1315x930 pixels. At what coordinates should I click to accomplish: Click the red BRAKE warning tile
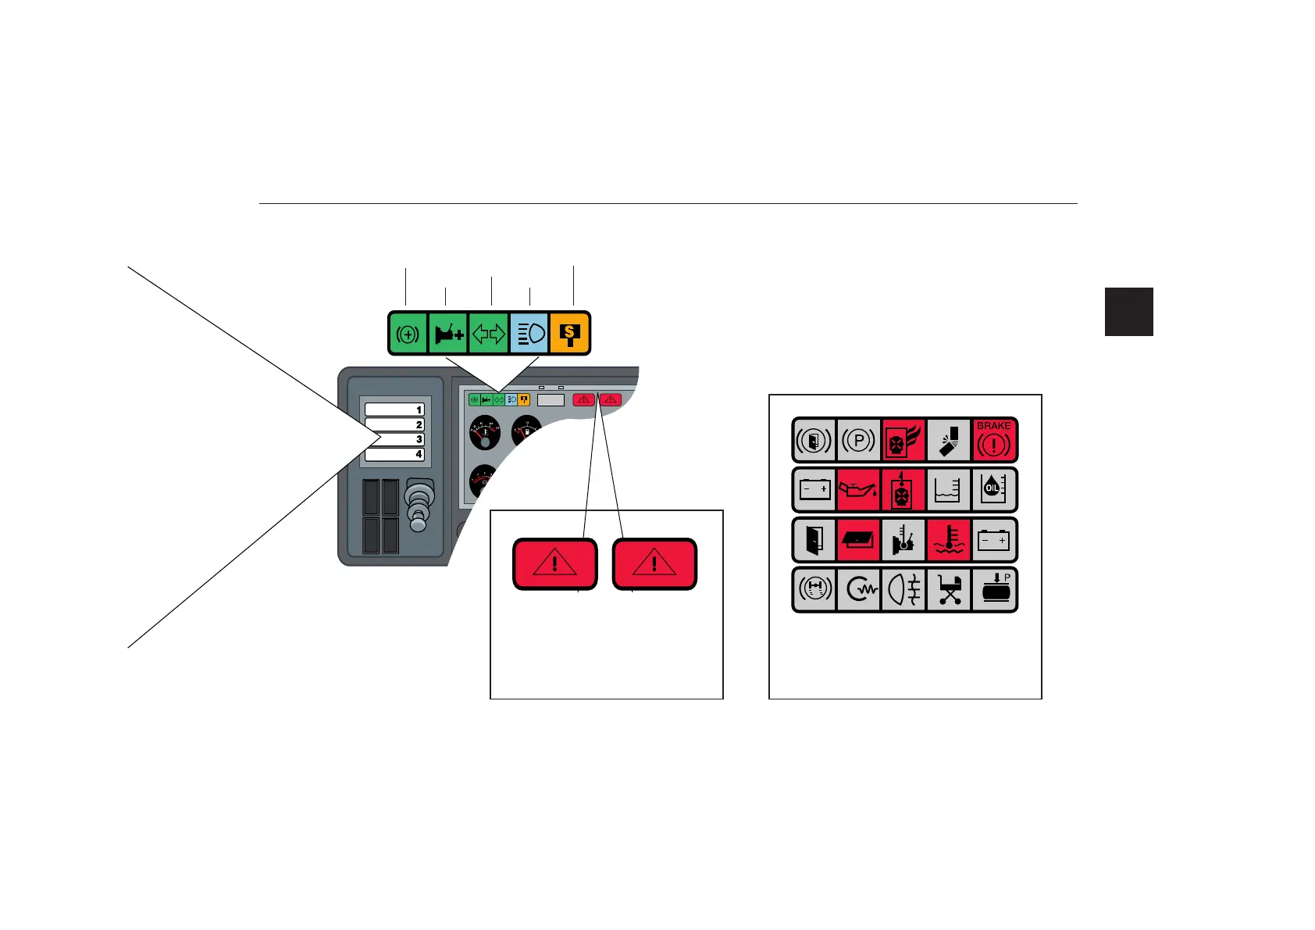[994, 440]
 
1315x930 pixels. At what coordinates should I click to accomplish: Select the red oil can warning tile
[858, 490]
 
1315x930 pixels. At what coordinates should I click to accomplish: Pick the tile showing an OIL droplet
[993, 490]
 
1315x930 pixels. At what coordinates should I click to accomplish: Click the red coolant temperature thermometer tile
[949, 540]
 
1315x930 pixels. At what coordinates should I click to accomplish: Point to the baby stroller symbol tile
[949, 589]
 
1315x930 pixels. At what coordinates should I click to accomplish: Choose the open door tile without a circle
[814, 540]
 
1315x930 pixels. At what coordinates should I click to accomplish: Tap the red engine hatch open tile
[858, 540]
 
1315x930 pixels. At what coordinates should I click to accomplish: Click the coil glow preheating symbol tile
[859, 589]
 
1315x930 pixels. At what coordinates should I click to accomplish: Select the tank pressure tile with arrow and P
[994, 589]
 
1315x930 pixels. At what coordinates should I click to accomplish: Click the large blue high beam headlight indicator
[529, 334]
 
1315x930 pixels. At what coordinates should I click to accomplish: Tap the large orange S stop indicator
[569, 334]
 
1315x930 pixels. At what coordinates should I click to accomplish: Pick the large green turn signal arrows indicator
[489, 334]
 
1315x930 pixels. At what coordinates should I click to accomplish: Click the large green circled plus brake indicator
[408, 334]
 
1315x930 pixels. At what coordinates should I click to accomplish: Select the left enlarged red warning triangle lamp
[554, 563]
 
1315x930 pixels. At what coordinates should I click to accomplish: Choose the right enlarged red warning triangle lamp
[654, 563]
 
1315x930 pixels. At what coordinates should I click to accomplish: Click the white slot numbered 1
[394, 410]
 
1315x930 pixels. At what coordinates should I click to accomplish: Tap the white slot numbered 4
[394, 454]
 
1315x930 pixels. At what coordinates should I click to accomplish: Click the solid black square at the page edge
[1128, 312]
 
